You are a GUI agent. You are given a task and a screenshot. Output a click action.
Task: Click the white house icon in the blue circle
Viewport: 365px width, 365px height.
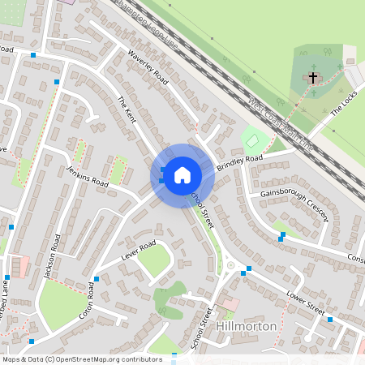[x=182, y=174]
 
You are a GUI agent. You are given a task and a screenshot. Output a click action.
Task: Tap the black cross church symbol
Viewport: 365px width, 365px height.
[x=312, y=77]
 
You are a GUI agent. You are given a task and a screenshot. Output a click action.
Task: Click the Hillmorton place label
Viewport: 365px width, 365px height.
[x=247, y=326]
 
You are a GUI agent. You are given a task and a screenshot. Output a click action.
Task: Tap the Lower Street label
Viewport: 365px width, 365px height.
[x=306, y=303]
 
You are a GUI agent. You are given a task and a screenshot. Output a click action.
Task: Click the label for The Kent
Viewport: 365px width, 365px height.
[x=127, y=109]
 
